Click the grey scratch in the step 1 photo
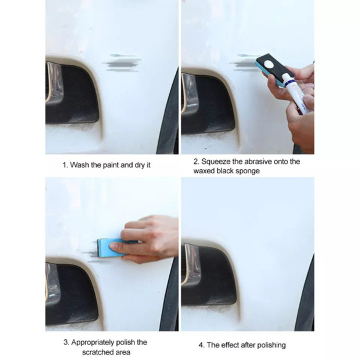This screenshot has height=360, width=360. pyautogui.click(x=122, y=62)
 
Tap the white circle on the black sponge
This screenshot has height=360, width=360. pyautogui.click(x=269, y=64)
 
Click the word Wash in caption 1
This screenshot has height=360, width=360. pyautogui.click(x=79, y=165)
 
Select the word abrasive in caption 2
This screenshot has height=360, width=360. pyautogui.click(x=263, y=161)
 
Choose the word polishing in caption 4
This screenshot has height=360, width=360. pyautogui.click(x=271, y=345)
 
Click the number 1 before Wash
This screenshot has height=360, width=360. pyautogui.click(x=64, y=165)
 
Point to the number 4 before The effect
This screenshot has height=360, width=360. pyautogui.click(x=202, y=345)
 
